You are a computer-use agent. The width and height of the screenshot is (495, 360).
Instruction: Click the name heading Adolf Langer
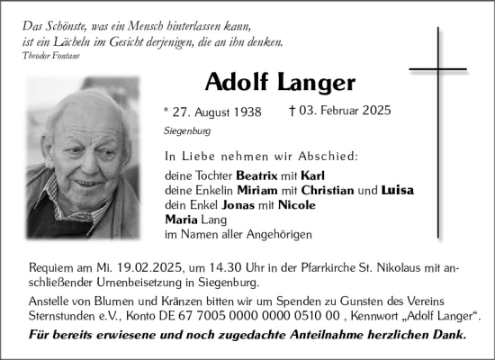click(280, 82)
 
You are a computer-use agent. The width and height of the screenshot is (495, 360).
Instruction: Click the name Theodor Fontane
click(51, 56)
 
